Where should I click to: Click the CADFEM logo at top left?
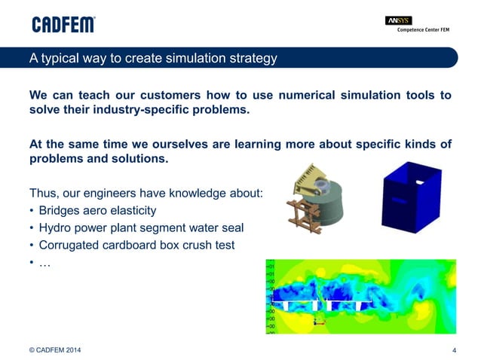click(x=63, y=24)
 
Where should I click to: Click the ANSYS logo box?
click(x=398, y=20)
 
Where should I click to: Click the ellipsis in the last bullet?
click(x=44, y=263)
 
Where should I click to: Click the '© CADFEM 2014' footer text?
click(x=56, y=349)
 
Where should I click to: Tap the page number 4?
click(x=454, y=349)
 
